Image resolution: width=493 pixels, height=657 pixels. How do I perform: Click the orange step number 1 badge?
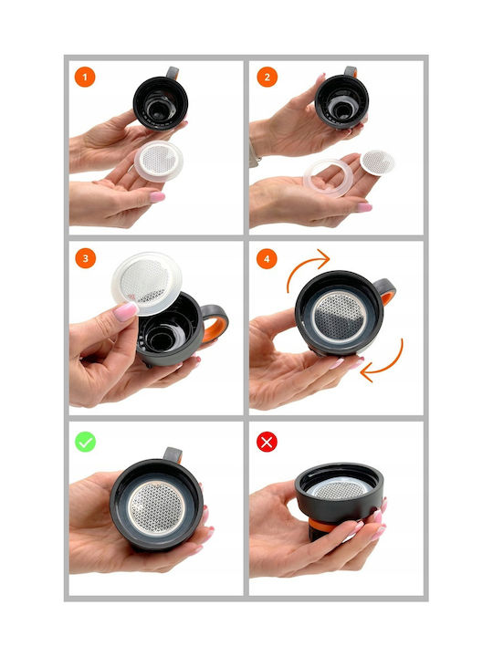coord(85,77)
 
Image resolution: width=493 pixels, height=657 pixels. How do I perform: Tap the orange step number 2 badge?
coord(267,77)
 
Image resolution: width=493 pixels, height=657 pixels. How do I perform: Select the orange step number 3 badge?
coord(86,258)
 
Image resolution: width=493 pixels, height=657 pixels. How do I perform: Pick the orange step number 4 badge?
coord(267,258)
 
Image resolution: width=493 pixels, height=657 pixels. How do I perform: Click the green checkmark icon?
coord(86,442)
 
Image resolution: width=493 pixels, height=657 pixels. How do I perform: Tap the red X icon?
coord(267,442)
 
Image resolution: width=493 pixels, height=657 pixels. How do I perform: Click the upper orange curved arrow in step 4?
coord(303,263)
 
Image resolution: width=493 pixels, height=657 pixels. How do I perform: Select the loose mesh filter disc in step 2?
coord(377,162)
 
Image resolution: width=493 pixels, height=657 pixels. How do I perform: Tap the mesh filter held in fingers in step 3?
coord(147,283)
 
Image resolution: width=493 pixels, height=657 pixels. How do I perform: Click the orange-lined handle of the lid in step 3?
coord(215,322)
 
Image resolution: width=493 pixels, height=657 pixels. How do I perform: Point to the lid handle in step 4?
coord(385,291)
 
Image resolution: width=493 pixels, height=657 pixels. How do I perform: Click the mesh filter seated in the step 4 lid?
coord(341,317)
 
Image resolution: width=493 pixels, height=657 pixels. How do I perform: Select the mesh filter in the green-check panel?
coord(156,507)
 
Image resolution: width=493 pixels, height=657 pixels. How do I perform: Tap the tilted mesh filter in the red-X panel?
coord(339,488)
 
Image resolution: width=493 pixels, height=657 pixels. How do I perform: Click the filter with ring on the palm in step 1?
coord(159,161)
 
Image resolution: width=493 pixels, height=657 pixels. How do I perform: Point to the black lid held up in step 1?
coord(160,101)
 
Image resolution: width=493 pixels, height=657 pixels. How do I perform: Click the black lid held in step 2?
coord(341,100)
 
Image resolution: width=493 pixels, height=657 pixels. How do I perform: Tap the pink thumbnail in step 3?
coord(125,312)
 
